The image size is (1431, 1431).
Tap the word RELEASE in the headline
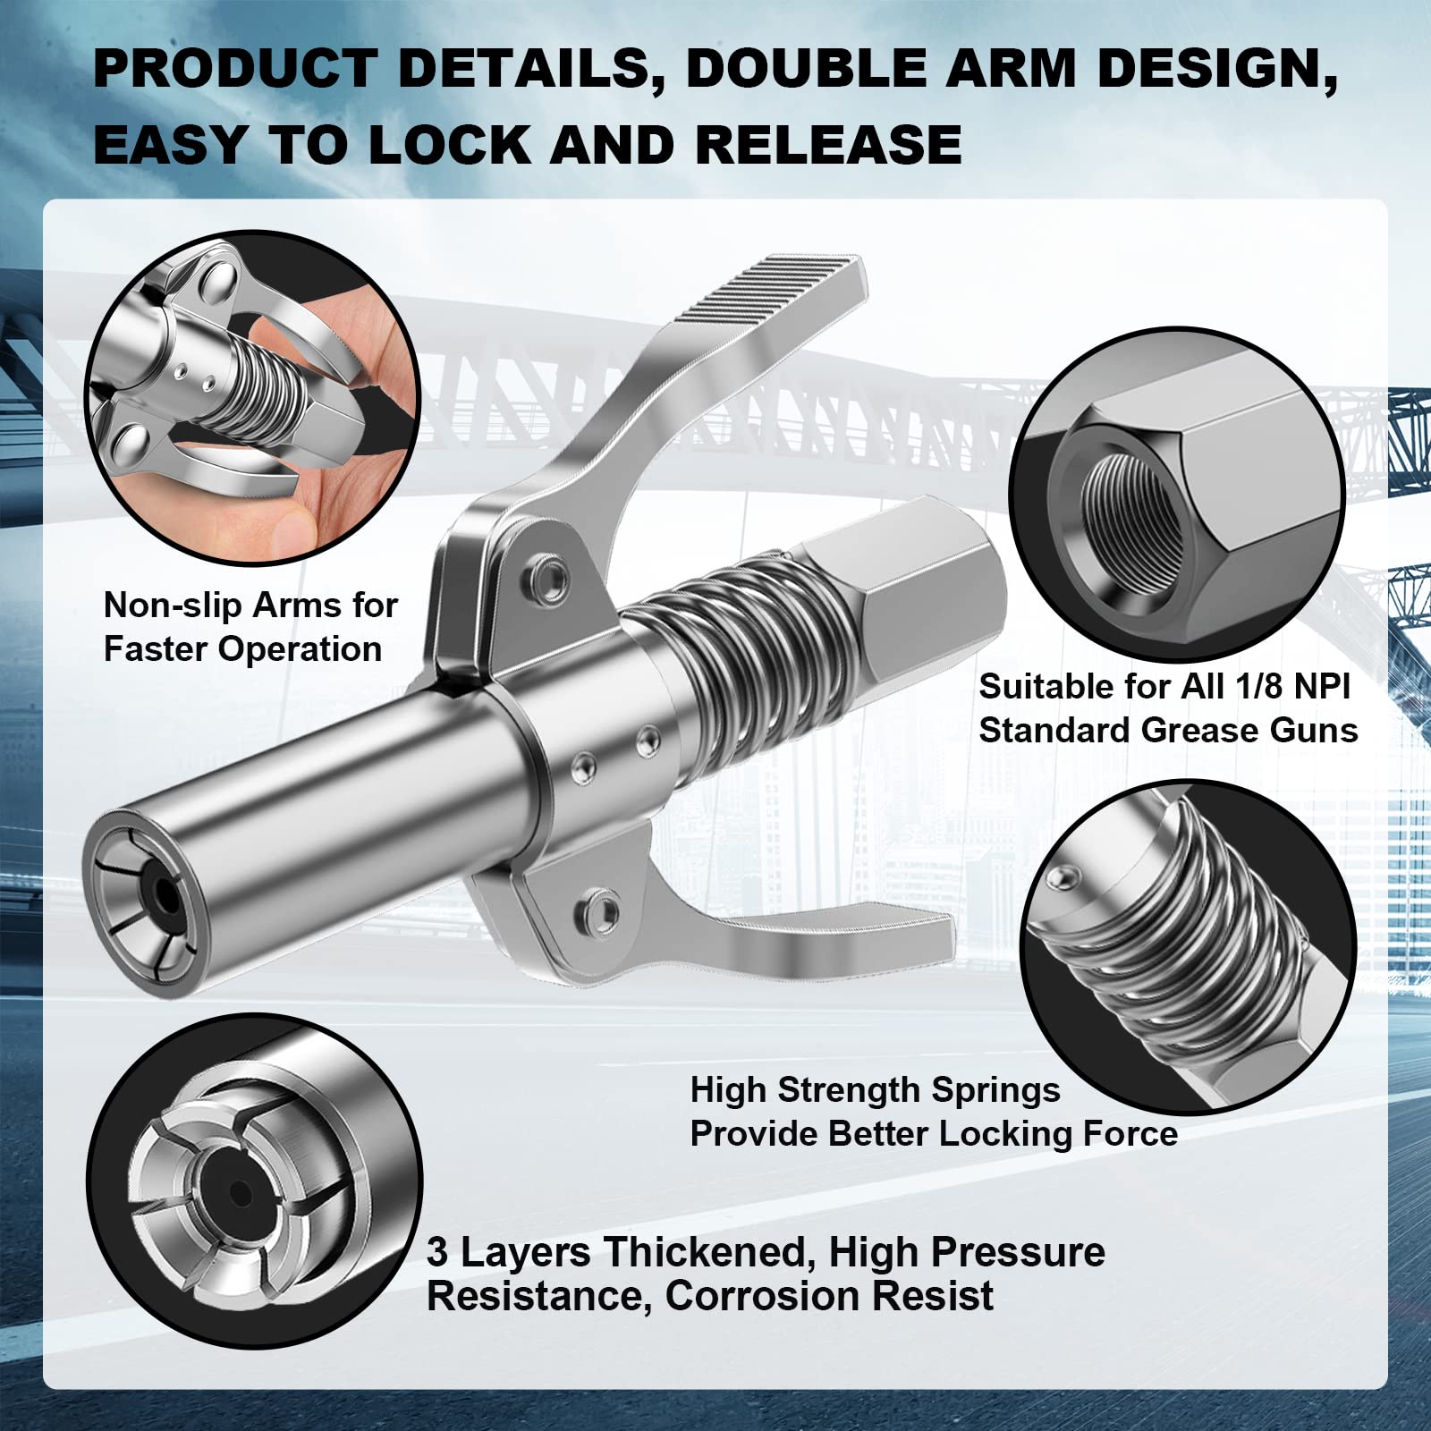(828, 145)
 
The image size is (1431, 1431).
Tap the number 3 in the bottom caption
(436, 1252)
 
